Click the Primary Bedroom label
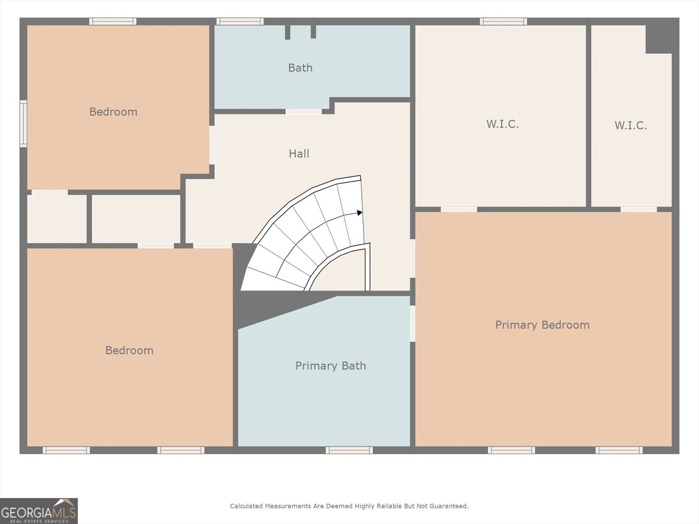click(542, 325)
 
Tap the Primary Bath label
click(330, 366)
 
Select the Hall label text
click(299, 154)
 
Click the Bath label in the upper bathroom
click(300, 68)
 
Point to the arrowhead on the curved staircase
click(360, 213)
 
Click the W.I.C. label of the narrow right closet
click(630, 126)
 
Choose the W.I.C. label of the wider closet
click(502, 124)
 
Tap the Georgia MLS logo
click(38, 511)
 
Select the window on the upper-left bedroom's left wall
click(23, 124)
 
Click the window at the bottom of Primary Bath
click(349, 450)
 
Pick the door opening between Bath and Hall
click(304, 112)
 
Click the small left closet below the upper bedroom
click(57, 219)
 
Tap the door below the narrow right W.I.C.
click(638, 210)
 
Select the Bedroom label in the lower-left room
click(129, 351)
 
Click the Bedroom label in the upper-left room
click(113, 112)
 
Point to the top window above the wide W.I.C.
click(503, 21)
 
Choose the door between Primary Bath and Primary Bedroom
click(412, 324)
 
